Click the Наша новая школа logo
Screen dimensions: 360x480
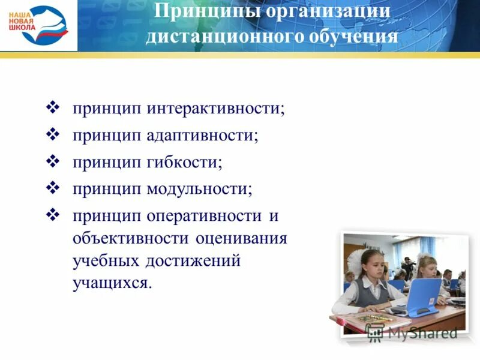[x=39, y=25]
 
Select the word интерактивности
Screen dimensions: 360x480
[x=215, y=109]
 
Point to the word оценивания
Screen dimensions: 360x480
[x=241, y=238]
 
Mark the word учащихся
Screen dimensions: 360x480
[x=113, y=283]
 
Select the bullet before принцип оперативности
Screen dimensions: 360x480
[x=52, y=214]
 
